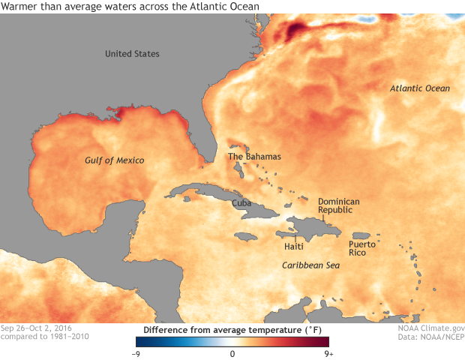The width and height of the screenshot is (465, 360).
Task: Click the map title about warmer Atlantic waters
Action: coord(130,7)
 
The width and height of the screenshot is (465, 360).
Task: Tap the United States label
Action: coord(132,54)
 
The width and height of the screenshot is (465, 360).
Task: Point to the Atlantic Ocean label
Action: coord(420,88)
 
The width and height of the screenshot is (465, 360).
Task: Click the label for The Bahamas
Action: coord(254,157)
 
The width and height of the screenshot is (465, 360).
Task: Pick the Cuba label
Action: coord(241,203)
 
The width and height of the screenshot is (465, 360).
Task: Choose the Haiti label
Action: coord(294,246)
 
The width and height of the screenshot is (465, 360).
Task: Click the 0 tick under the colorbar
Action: coord(232,352)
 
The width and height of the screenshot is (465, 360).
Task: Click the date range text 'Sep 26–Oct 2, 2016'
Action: coord(40,328)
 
